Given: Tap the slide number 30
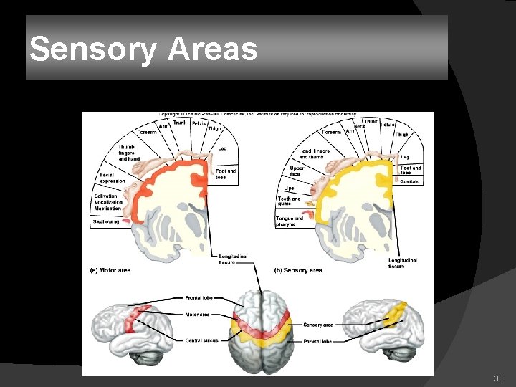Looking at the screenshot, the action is [x=499, y=378].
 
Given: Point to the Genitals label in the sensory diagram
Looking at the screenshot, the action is [x=409, y=182].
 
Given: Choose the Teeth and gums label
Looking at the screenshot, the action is [x=289, y=201].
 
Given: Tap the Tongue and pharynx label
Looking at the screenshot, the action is [x=289, y=221].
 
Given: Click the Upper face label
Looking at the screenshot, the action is [x=296, y=171].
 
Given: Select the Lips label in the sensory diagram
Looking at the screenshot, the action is [x=289, y=188].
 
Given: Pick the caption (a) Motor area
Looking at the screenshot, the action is [x=110, y=270].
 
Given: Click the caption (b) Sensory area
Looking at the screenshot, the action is [x=298, y=270].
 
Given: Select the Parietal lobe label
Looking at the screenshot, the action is [x=317, y=341].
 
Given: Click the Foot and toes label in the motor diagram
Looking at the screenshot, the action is [x=226, y=174].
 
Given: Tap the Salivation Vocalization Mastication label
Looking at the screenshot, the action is [x=107, y=202].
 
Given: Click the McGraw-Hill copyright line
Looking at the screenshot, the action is [x=257, y=115].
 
